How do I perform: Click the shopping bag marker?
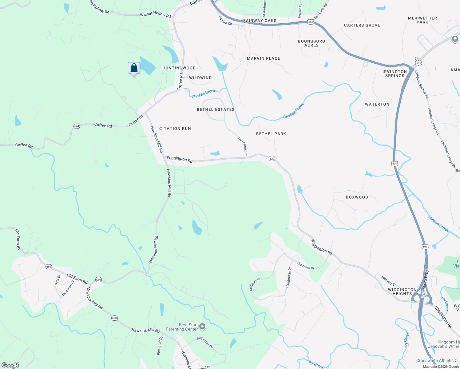134,68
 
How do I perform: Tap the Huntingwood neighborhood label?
179,68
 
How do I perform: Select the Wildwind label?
200,78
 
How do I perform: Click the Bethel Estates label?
216,109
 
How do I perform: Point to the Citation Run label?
175,129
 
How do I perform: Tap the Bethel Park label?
271,134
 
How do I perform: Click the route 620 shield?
272,159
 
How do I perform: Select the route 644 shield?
77,126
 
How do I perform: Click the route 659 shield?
98,280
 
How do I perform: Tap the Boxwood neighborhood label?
357,197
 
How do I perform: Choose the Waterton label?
377,104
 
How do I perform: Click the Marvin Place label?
264,58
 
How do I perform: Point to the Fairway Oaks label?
260,21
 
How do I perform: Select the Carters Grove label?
362,25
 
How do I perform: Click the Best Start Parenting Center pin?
202,326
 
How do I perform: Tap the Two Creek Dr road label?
243,145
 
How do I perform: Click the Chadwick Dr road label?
305,265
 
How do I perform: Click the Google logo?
10,365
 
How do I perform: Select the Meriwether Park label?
422,20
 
